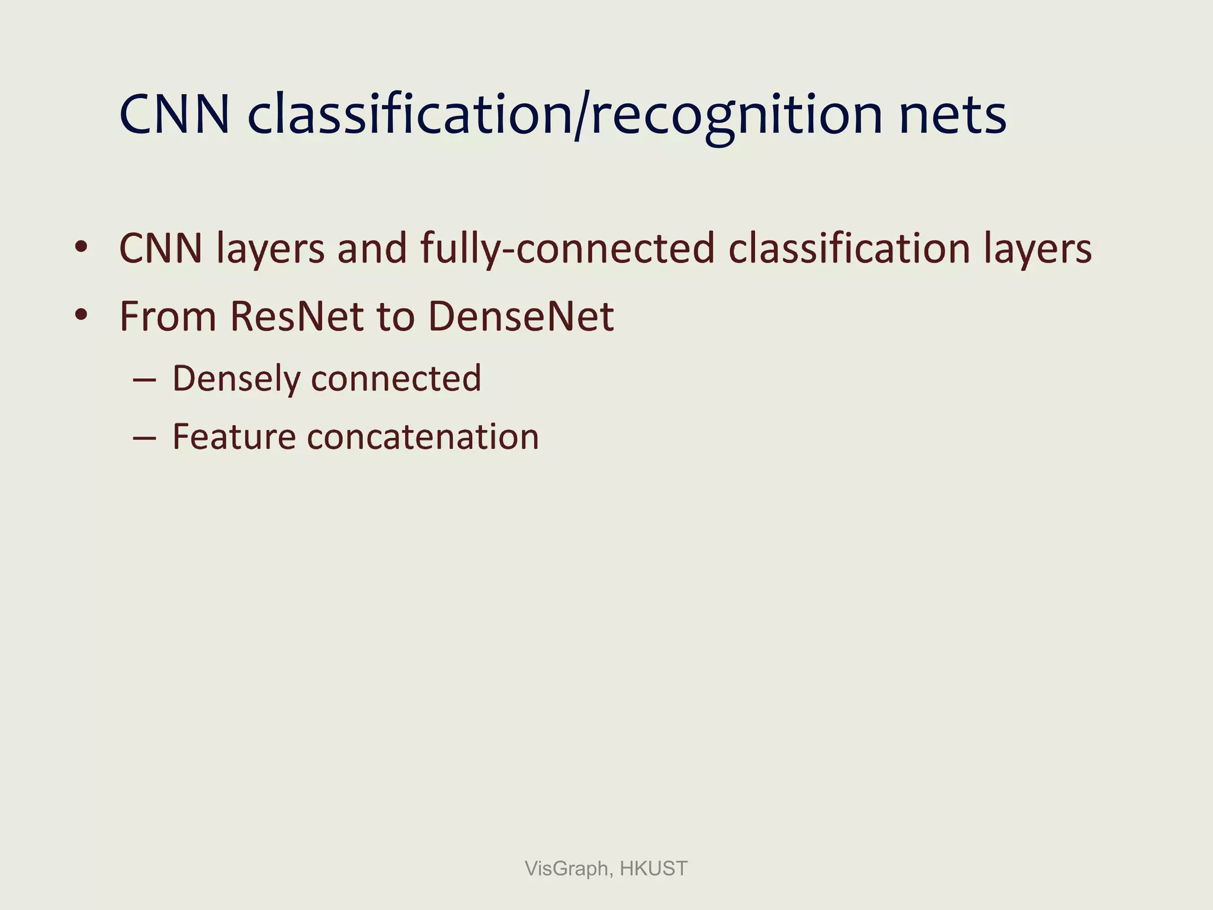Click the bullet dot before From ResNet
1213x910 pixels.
[81, 315]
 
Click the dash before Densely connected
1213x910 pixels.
[145, 379]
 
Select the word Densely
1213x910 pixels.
[236, 379]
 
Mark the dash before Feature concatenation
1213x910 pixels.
[145, 438]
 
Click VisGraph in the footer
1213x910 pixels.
[567, 869]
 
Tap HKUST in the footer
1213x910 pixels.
[653, 869]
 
